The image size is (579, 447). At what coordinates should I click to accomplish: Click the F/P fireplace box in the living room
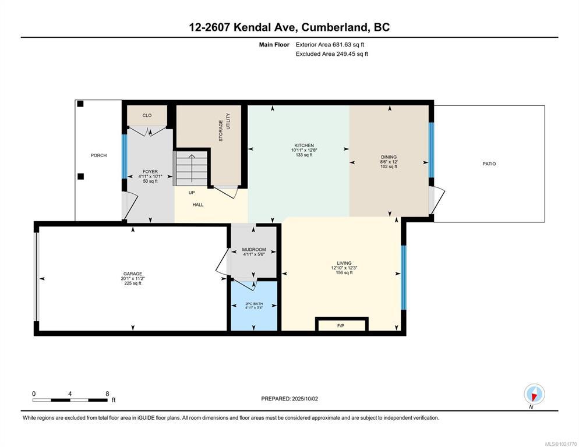(341, 324)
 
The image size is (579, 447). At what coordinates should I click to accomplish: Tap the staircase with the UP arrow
(191, 168)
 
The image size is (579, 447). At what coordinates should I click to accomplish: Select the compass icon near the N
(534, 394)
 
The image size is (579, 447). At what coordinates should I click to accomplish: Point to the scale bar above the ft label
(70, 400)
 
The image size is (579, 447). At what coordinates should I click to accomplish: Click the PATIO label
(489, 164)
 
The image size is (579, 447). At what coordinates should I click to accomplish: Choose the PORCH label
(98, 155)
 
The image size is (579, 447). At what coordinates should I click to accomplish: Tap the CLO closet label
(147, 116)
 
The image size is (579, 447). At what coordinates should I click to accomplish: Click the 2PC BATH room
(254, 306)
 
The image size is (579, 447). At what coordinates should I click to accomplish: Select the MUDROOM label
(254, 250)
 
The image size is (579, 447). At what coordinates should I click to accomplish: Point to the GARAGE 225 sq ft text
(133, 283)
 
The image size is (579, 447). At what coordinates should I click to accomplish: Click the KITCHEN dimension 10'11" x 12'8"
(304, 150)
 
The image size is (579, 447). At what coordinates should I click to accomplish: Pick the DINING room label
(389, 157)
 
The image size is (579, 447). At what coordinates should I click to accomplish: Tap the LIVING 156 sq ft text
(344, 273)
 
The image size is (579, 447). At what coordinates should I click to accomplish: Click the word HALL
(198, 205)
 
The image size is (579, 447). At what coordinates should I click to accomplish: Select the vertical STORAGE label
(221, 131)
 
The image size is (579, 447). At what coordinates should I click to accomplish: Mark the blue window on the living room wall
(404, 278)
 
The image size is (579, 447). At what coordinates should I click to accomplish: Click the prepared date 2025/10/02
(305, 399)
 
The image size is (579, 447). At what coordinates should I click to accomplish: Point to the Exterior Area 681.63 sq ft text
(330, 45)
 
